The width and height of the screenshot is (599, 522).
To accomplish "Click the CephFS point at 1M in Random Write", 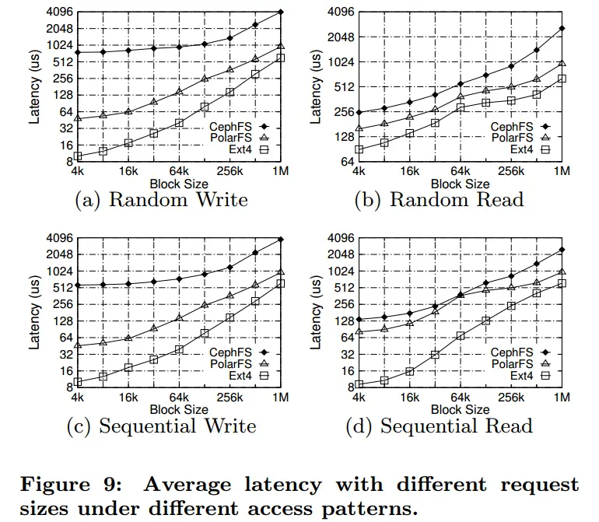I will (x=281, y=12).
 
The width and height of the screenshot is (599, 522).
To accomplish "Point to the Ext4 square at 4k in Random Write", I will (x=78, y=156).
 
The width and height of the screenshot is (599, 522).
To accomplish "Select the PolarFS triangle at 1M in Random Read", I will (x=562, y=63).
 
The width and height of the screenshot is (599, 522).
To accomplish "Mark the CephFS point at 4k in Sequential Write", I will (x=78, y=286).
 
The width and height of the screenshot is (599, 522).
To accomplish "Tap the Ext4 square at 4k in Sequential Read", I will (x=359, y=384).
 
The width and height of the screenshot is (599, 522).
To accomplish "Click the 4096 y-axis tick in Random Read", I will (x=340, y=12).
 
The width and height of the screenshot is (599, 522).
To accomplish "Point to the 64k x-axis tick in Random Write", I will (x=179, y=171).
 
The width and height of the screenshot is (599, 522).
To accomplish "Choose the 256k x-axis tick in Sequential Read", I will (x=511, y=398).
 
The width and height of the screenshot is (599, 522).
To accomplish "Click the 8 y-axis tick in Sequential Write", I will (x=67, y=385).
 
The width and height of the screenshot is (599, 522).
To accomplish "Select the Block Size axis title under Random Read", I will (x=461, y=184).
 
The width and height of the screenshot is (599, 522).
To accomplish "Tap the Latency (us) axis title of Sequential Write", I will (x=35, y=311).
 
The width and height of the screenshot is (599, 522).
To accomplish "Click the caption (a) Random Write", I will (x=161, y=200).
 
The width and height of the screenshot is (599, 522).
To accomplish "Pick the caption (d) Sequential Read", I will (x=444, y=426).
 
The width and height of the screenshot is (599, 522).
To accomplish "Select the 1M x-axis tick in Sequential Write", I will (x=281, y=398).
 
